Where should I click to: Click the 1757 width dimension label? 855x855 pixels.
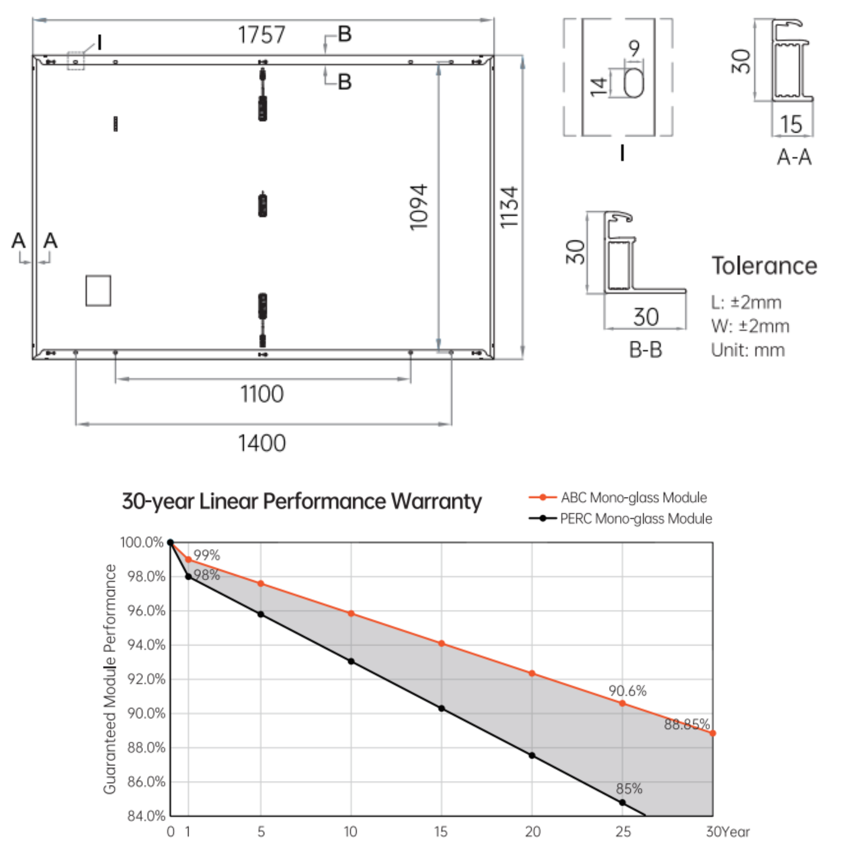point(262,34)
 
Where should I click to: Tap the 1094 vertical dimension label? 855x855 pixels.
point(419,207)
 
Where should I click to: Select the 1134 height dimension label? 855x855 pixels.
point(509,207)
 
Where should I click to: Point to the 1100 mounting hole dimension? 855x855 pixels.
point(262,394)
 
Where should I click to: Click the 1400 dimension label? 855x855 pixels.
point(262,443)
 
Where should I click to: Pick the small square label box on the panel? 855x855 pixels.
point(98,291)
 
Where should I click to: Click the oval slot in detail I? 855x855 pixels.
point(634,83)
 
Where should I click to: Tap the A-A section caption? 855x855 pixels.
point(794,157)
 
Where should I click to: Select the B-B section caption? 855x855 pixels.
point(646,350)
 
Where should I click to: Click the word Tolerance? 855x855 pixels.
point(764,266)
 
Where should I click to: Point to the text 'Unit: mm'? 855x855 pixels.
point(748,350)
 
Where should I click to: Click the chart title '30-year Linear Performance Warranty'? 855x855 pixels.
point(302,501)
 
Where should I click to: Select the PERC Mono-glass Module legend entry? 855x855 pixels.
point(620,518)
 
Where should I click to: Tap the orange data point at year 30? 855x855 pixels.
point(712,734)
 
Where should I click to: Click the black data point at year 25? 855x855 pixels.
point(622,803)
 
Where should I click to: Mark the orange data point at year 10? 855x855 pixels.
point(351,614)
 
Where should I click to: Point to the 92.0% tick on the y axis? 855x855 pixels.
point(146,679)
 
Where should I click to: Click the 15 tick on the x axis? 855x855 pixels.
point(441,831)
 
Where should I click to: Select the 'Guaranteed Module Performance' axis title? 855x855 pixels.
point(109,679)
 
